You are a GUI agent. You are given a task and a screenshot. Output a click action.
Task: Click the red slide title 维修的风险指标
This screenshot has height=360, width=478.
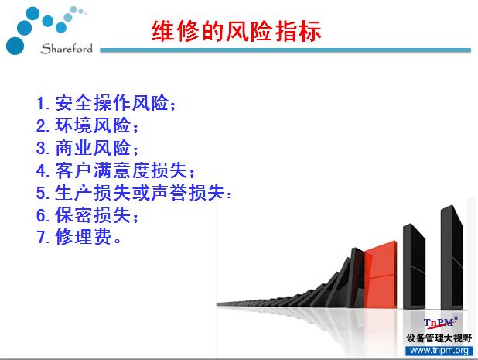pyautogui.click(x=236, y=31)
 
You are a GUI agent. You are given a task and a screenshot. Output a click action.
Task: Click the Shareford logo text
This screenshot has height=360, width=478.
pyautogui.click(x=67, y=49)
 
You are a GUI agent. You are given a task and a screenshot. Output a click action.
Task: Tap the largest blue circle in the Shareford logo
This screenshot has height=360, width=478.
pyautogui.click(x=15, y=46)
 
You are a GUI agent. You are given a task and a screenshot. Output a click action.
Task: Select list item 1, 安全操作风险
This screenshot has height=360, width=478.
pyautogui.click(x=106, y=103)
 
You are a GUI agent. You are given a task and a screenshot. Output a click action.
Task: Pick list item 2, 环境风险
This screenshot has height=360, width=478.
pyautogui.click(x=87, y=125)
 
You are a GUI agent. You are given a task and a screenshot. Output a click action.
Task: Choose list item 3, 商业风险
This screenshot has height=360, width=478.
pyautogui.click(x=87, y=148)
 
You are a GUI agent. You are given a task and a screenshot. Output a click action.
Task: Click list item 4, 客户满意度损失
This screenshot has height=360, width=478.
pyautogui.click(x=115, y=170)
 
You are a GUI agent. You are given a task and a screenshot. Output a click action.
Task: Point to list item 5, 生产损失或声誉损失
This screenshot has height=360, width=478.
pyautogui.click(x=134, y=193)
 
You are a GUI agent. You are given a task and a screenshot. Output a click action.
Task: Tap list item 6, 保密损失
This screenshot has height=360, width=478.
pyautogui.click(x=87, y=214)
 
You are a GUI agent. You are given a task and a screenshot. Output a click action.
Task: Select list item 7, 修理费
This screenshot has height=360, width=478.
pyautogui.click(x=79, y=237)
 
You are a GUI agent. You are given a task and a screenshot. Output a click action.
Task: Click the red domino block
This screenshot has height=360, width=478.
pyautogui.click(x=381, y=275)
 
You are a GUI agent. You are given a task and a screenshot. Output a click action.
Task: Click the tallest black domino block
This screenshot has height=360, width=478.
pyautogui.click(x=452, y=258)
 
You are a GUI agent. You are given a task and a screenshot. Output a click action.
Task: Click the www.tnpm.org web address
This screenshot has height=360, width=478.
pyautogui.click(x=439, y=350)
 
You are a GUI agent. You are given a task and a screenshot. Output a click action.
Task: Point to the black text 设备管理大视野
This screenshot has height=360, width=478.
pyautogui.click(x=439, y=338)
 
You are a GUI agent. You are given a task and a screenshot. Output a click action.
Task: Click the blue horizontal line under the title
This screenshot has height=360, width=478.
pyautogui.click(x=285, y=50)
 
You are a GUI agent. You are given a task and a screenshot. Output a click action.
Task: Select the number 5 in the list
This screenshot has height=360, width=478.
pyautogui.click(x=41, y=193)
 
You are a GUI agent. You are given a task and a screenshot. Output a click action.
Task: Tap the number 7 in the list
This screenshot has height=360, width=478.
pyautogui.click(x=41, y=238)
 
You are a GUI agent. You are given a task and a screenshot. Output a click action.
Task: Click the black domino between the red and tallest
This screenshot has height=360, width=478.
pyautogui.click(x=414, y=266)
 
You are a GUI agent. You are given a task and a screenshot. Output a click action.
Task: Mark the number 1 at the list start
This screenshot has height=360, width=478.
pyautogui.click(x=41, y=104)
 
